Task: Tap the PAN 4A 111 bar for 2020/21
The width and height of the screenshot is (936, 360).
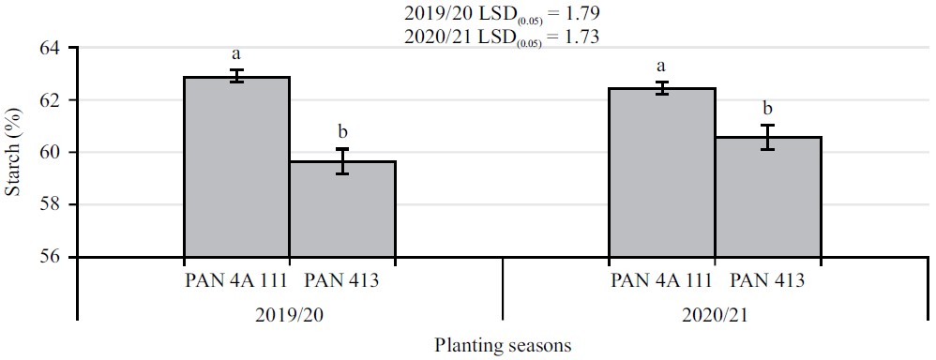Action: [662, 172]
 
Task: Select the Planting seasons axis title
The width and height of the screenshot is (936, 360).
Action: [502, 344]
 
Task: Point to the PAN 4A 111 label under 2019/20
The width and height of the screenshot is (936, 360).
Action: [235, 279]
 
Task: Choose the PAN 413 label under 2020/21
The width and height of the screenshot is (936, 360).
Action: [767, 279]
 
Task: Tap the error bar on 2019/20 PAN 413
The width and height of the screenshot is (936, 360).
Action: [342, 161]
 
